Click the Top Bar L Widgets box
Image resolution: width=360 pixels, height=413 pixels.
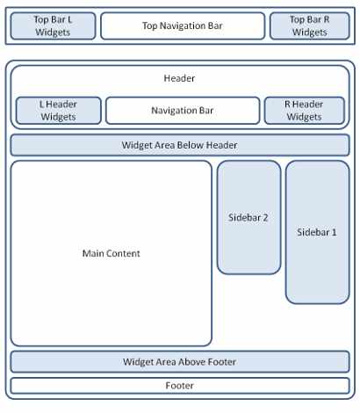(x=53, y=25)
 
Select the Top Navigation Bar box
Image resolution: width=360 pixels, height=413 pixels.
(x=183, y=25)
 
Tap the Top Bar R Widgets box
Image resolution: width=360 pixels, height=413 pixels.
(x=310, y=25)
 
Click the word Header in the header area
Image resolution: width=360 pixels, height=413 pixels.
(x=179, y=78)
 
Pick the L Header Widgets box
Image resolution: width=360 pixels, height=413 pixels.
(x=59, y=111)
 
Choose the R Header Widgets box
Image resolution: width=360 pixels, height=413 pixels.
(x=305, y=111)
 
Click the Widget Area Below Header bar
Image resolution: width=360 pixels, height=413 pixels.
(x=180, y=145)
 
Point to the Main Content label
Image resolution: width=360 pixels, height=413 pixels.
(x=112, y=253)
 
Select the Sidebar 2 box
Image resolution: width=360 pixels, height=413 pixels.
(x=248, y=217)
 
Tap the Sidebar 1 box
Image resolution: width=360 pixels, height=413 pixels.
(x=318, y=232)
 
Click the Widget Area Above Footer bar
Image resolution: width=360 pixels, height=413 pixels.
(x=180, y=362)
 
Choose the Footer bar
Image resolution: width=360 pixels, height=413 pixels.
(x=180, y=386)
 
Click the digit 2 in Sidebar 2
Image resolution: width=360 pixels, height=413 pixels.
(x=265, y=218)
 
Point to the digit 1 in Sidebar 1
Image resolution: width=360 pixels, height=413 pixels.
(x=334, y=232)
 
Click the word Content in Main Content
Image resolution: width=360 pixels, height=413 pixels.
(x=125, y=253)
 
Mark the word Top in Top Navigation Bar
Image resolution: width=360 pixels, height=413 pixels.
(x=150, y=26)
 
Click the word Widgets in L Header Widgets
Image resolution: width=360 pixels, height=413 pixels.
(x=58, y=117)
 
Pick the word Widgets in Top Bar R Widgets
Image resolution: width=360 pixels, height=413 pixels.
(x=310, y=33)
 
